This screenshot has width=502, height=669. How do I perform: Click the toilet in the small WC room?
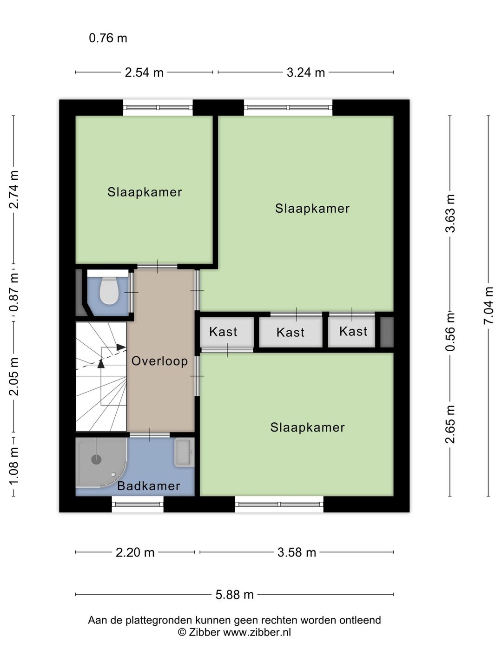coord(109,291)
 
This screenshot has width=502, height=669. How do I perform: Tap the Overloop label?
coord(159,361)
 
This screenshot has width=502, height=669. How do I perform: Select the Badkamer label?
coord(148,486)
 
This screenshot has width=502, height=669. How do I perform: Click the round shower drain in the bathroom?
coord(96,459)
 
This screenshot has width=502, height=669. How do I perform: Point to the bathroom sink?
coord(184,453)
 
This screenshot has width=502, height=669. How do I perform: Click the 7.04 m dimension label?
coord(488,306)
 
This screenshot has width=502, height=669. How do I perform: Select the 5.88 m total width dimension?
coord(234,595)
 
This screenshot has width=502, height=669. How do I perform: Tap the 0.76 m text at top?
coord(108,38)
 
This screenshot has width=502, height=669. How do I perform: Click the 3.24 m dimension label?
coord(305,72)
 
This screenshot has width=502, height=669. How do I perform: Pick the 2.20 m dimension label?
coord(135,552)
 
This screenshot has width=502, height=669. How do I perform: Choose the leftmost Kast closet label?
coord(223,332)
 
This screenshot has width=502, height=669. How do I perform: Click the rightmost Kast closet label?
coord(353,331)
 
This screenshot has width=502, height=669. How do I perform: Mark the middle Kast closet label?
coord(291,332)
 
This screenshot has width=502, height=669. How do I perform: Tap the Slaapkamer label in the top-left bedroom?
coord(145,192)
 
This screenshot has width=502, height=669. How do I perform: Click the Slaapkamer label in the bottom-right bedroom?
coord(307,427)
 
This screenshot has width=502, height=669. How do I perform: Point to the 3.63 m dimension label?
coord(450,213)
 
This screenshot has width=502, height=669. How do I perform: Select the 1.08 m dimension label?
coord(14,466)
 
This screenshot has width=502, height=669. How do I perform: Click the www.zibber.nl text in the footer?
coord(257,632)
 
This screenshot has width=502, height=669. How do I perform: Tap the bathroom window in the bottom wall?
coord(138,505)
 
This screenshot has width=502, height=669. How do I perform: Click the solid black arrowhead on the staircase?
coord(101,363)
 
